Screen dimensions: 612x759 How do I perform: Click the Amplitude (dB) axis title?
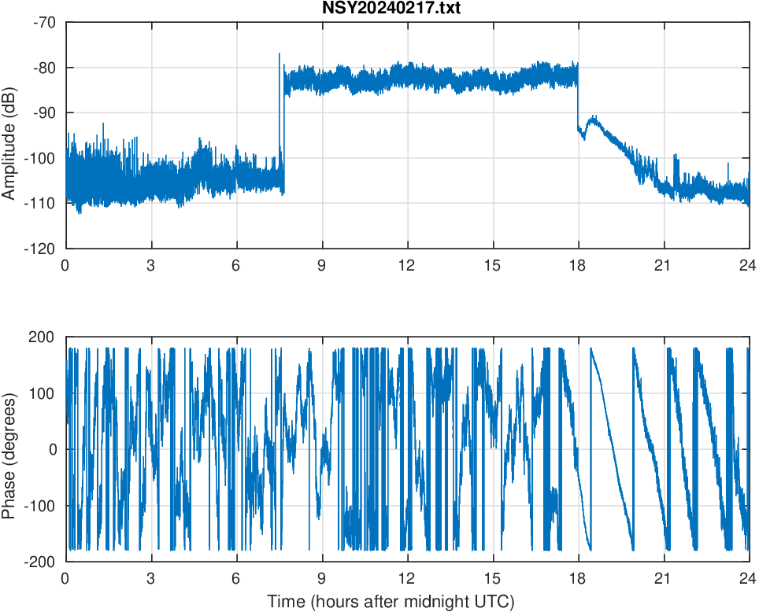point(9,135)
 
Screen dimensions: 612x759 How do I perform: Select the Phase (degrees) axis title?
point(9,449)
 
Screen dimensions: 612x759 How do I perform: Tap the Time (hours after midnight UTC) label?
point(391,602)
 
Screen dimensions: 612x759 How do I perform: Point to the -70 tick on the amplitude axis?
point(44,22)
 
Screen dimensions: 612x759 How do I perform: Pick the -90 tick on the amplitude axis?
point(44,112)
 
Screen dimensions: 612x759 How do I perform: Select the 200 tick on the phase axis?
point(43,337)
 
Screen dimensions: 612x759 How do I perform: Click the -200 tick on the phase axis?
point(40,562)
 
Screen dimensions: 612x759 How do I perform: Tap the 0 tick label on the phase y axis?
point(53,449)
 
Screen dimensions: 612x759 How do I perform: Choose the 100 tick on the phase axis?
point(43,393)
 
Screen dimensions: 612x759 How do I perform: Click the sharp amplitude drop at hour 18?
point(578,102)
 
